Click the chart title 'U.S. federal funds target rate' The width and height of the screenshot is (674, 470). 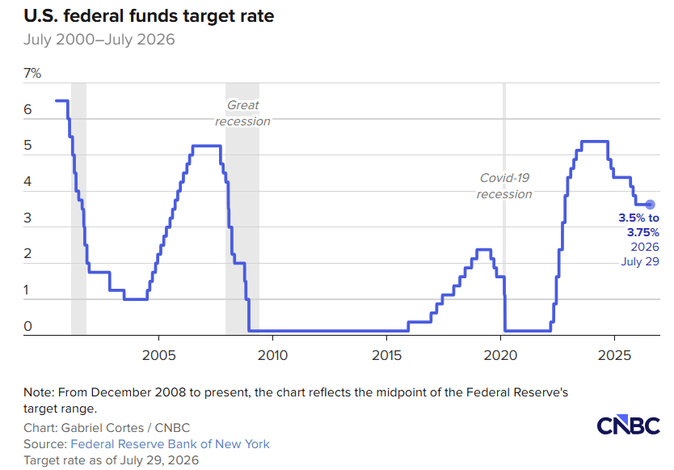point(149,16)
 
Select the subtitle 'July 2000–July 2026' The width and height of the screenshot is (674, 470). point(99,40)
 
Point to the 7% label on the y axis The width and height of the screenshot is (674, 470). point(32,73)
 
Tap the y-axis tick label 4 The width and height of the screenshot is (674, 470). point(27,182)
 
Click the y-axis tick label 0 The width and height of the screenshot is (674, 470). point(28,326)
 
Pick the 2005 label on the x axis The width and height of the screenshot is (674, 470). point(159,355)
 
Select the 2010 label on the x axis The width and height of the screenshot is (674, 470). point(272,355)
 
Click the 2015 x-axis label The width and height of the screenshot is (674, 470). point(387,355)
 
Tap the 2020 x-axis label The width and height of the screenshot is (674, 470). point(501,355)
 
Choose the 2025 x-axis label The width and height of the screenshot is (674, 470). point(615,355)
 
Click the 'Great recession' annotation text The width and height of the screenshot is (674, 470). point(243,113)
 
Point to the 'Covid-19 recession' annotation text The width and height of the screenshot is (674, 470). point(504,186)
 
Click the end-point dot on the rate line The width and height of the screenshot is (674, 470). point(650,205)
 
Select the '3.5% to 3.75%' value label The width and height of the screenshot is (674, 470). point(638,225)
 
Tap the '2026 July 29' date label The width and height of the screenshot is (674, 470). point(640,254)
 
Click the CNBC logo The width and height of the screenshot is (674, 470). point(629,426)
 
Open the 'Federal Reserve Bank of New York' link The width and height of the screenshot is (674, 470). point(171,444)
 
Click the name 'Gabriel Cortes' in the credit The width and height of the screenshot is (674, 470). point(103,428)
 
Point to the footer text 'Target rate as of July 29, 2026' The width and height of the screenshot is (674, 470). point(112,460)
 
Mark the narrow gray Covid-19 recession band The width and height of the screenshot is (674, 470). point(504,209)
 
